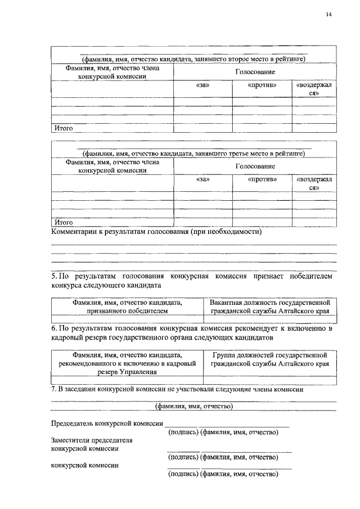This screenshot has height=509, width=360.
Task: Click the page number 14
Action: (328, 15)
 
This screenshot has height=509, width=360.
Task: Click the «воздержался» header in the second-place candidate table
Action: (314, 89)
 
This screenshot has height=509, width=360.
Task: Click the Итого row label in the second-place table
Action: (64, 128)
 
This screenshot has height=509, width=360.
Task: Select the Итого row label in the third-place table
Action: (64, 222)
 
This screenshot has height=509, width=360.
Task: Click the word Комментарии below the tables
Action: (74, 231)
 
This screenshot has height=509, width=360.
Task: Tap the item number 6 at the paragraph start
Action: (53, 328)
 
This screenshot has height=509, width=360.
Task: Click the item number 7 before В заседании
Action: (53, 389)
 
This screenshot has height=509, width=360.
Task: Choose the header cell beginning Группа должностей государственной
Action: (269, 359)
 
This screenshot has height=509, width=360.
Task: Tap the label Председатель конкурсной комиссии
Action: (107, 423)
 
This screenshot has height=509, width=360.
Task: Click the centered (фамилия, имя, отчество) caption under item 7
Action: (194, 406)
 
